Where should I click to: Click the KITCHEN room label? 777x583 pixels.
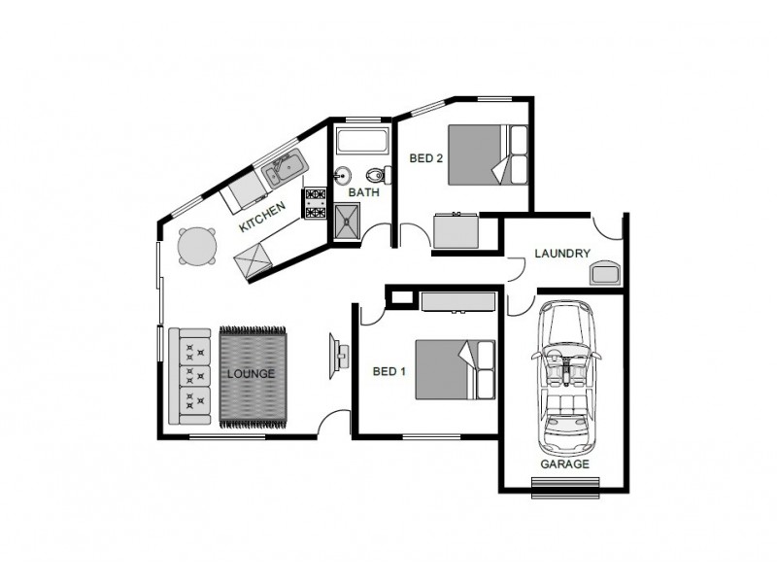click(x=262, y=219)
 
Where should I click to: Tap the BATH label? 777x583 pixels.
click(x=363, y=192)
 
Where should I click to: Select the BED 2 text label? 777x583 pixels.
click(x=426, y=157)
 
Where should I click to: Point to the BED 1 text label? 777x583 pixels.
click(x=389, y=371)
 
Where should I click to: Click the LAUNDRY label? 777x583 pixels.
click(x=562, y=254)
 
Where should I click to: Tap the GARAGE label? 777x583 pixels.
click(x=564, y=463)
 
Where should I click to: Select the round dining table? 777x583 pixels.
click(x=197, y=247)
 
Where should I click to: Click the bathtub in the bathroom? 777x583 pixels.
click(x=361, y=144)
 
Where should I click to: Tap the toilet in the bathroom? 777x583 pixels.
click(x=387, y=175)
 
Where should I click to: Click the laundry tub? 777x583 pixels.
click(x=605, y=271)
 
